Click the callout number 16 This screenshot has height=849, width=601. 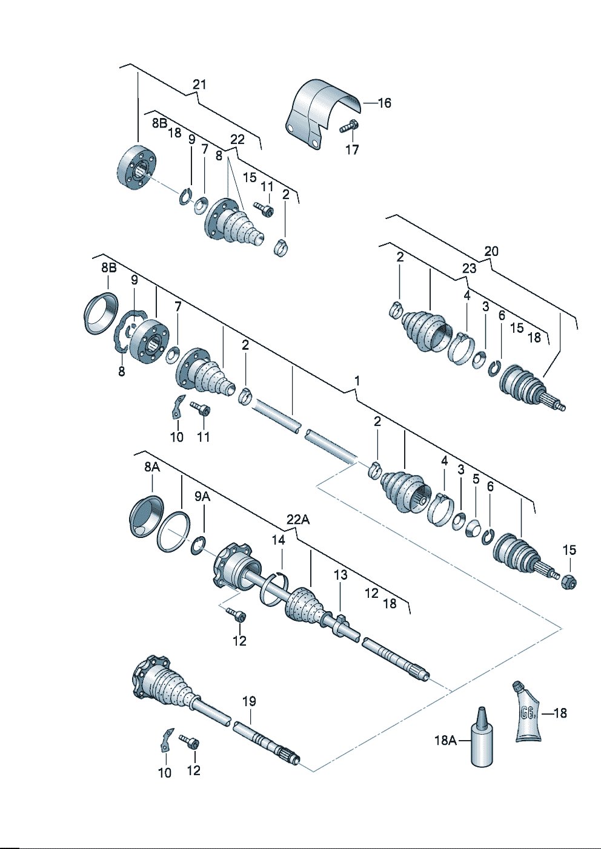(384, 103)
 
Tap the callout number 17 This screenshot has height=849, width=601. (352, 149)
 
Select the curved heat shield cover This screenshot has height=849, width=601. (322, 114)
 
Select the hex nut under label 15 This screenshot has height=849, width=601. (569, 582)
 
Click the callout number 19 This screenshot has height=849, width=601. (249, 701)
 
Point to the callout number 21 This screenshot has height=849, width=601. (199, 84)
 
